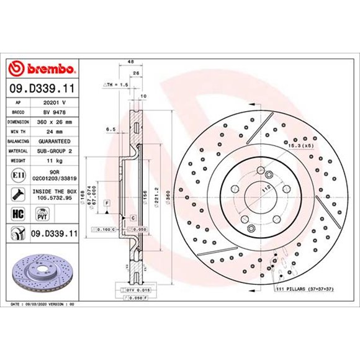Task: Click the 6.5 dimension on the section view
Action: [x=111, y=129]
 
